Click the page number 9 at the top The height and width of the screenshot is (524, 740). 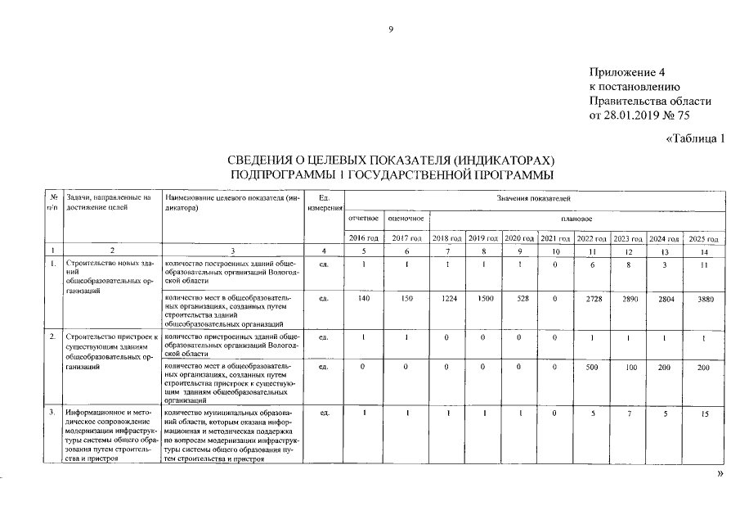click(391, 29)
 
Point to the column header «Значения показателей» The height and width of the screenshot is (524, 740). click(532, 199)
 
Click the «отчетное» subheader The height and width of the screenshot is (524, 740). click(363, 219)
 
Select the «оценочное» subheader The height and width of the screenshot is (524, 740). click(406, 219)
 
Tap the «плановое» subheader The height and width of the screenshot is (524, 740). click(576, 219)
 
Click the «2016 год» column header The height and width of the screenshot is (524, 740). click(363, 237)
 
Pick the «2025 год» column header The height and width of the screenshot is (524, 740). click(702, 238)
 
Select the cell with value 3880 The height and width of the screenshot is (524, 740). click(702, 300)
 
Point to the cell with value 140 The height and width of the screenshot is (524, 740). click(363, 300)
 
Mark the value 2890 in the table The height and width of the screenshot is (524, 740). click(626, 300)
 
